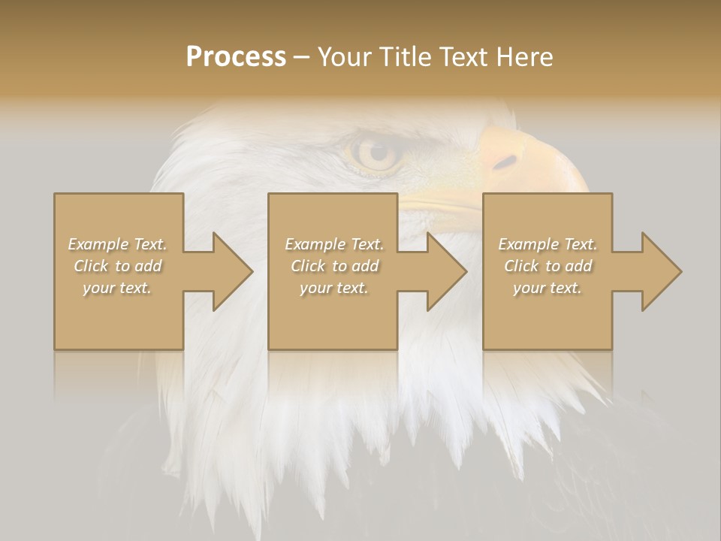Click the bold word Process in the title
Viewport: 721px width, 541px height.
point(236,57)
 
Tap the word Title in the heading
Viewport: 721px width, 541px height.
point(402,57)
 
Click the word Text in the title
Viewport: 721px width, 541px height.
point(466,57)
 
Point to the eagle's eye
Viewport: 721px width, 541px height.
point(375,153)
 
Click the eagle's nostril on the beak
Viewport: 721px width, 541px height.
point(506,162)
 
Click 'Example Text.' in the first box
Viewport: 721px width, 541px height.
point(117,244)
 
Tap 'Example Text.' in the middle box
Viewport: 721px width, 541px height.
point(333,244)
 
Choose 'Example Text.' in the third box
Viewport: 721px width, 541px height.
point(548,244)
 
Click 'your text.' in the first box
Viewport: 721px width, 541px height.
point(117,288)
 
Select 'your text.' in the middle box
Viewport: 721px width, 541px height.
point(333,288)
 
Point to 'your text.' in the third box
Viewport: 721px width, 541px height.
point(548,288)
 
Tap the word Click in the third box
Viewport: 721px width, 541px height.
point(521,266)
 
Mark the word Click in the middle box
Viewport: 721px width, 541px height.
point(308,266)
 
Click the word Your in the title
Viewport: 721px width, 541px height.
point(342,57)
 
